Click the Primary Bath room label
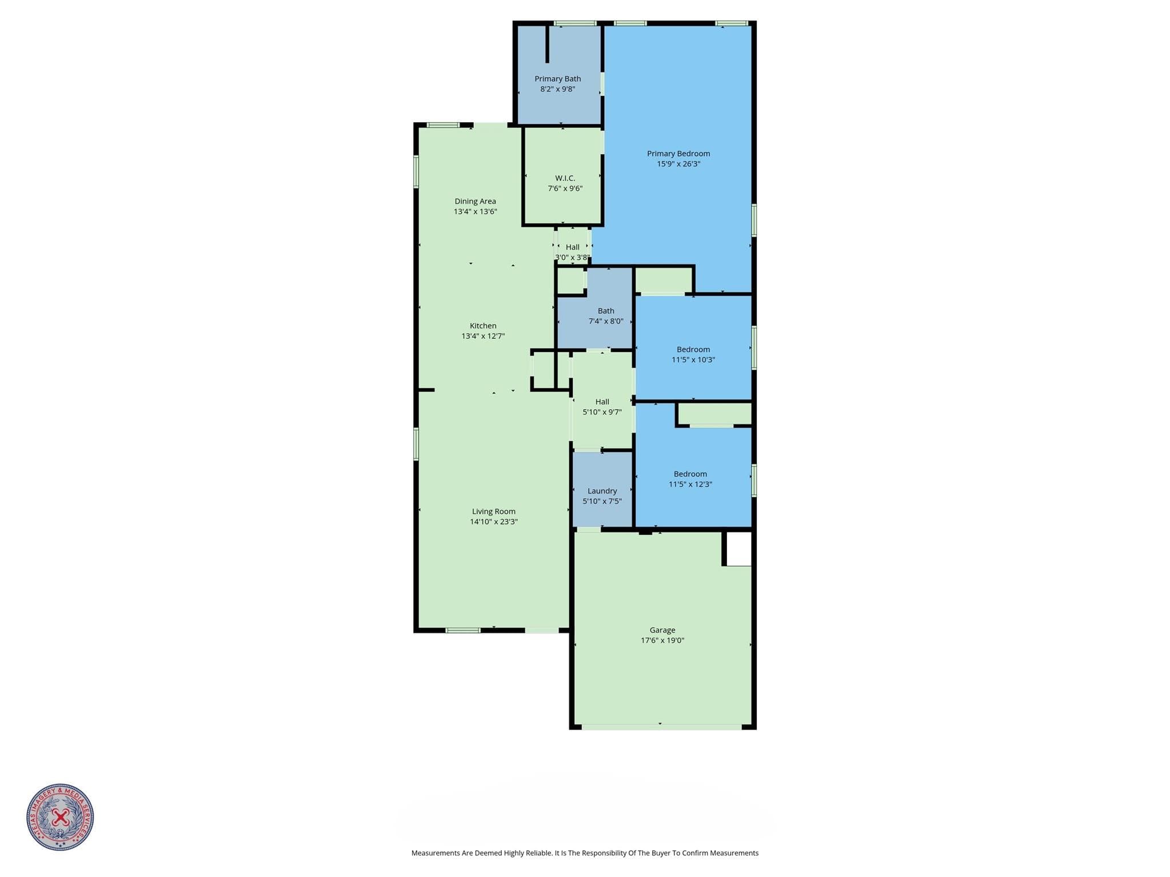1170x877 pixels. pyautogui.click(x=557, y=79)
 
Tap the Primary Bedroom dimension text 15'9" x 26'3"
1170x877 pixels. pyautogui.click(x=678, y=164)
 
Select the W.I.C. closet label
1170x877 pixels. pyautogui.click(x=565, y=178)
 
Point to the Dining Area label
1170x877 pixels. pyautogui.click(x=475, y=201)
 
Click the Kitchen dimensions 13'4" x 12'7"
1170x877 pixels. pyautogui.click(x=483, y=336)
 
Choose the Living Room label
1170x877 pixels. pyautogui.click(x=494, y=511)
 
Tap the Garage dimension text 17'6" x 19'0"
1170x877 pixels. pyautogui.click(x=662, y=640)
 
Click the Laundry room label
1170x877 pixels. pyautogui.click(x=602, y=491)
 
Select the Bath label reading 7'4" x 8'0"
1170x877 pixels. pyautogui.click(x=606, y=316)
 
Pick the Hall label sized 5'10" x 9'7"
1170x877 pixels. pyautogui.click(x=602, y=407)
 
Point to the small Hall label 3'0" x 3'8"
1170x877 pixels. pyautogui.click(x=572, y=252)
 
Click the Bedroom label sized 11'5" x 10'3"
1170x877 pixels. pyautogui.click(x=693, y=354)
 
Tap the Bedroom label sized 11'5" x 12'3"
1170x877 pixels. pyautogui.click(x=690, y=479)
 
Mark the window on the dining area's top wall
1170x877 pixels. pyautogui.click(x=443, y=125)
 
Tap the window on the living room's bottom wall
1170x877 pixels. pyautogui.click(x=463, y=630)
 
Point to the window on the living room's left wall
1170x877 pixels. pyautogui.click(x=416, y=444)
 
